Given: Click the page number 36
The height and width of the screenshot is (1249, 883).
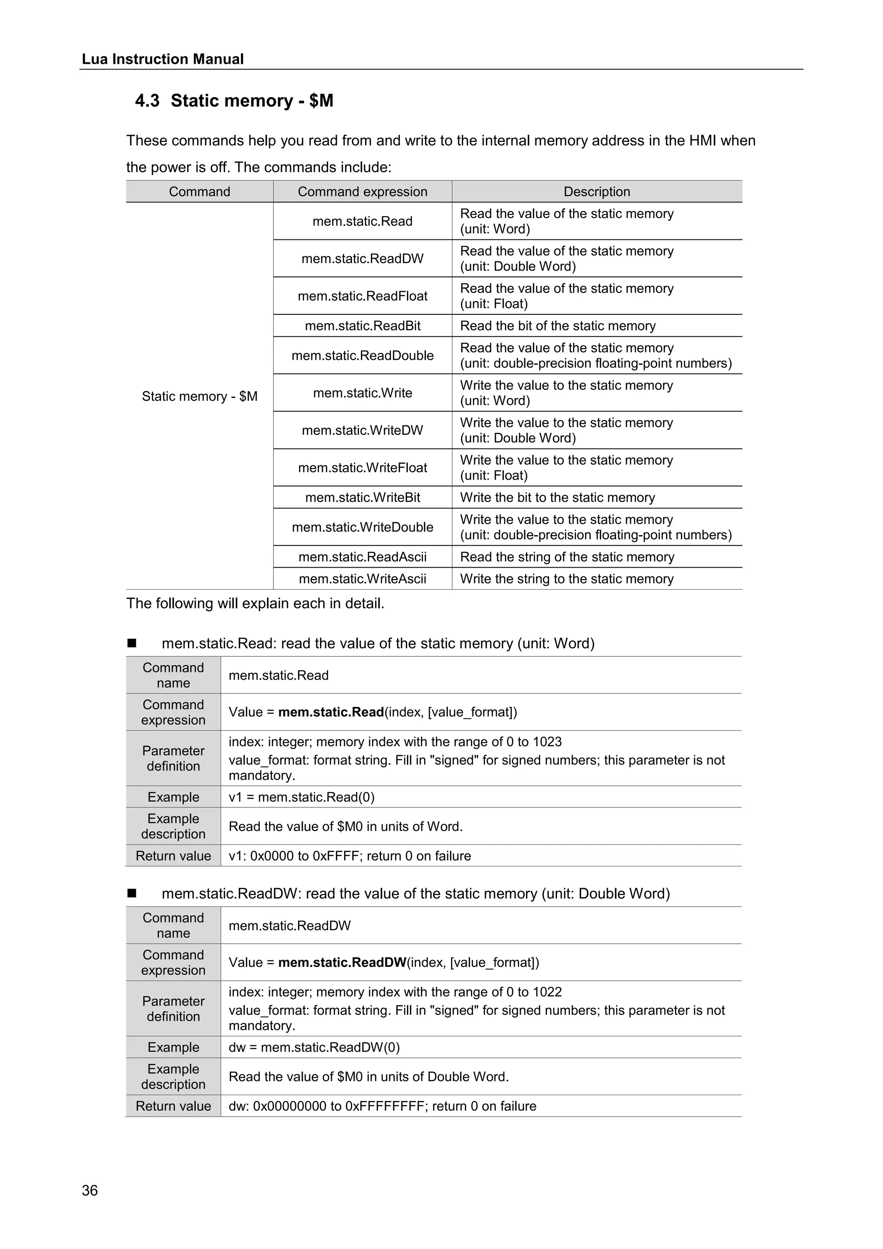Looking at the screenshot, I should point(90,1190).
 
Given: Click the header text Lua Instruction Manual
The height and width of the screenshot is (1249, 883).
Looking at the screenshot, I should point(163,59).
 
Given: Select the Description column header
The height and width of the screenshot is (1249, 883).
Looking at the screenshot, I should point(596,191).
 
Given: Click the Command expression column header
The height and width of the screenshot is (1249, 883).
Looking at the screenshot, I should point(362,191).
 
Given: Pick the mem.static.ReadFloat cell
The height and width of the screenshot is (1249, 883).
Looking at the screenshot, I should point(362,296).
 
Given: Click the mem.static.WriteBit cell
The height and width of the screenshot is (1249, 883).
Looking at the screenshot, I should point(362,497).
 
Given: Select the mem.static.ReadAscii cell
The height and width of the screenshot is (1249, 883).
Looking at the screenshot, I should point(362,556).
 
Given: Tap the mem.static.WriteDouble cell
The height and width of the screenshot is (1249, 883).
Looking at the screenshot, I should point(362,527).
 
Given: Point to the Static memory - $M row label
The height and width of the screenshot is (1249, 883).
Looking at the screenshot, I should point(200,396).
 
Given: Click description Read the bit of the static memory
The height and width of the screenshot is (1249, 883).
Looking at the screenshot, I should point(557,326).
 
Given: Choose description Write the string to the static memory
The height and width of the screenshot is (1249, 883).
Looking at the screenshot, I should point(567,579).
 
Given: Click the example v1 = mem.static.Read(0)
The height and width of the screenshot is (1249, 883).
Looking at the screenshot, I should point(301,797).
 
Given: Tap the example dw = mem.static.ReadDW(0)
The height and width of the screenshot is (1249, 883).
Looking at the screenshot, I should point(314,1047).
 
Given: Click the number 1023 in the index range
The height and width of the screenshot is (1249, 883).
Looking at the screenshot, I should point(547,742).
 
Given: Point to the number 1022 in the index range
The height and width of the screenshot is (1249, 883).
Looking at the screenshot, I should point(547,992).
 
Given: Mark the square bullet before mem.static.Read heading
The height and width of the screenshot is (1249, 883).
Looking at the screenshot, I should point(132,643).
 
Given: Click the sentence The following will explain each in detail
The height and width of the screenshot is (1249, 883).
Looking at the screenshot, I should point(255,603).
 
